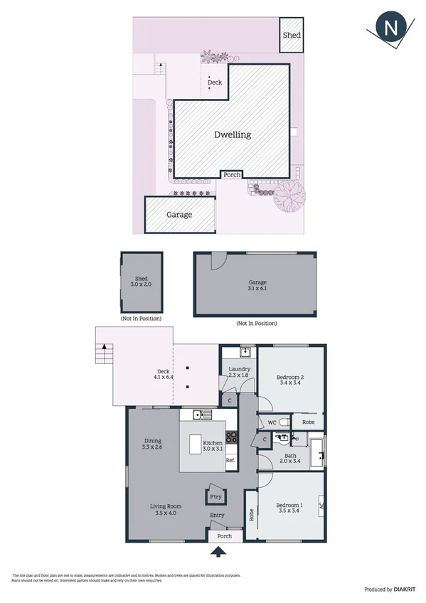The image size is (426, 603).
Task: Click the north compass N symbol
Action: pyautogui.click(x=390, y=29)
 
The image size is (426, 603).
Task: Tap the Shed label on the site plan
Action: pyautogui.click(x=291, y=35)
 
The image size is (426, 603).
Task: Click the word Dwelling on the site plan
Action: pyautogui.click(x=233, y=134)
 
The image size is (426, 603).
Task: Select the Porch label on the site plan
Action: pyautogui.click(x=232, y=174)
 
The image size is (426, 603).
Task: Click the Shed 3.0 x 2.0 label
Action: pyautogui.click(x=141, y=282)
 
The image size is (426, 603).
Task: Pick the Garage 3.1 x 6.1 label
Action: pyautogui.click(x=256, y=286)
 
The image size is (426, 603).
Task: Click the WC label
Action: pyautogui.click(x=271, y=423)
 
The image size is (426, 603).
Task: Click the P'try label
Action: pyautogui.click(x=214, y=496)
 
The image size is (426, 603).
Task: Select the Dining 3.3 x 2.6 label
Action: pyautogui.click(x=153, y=444)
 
